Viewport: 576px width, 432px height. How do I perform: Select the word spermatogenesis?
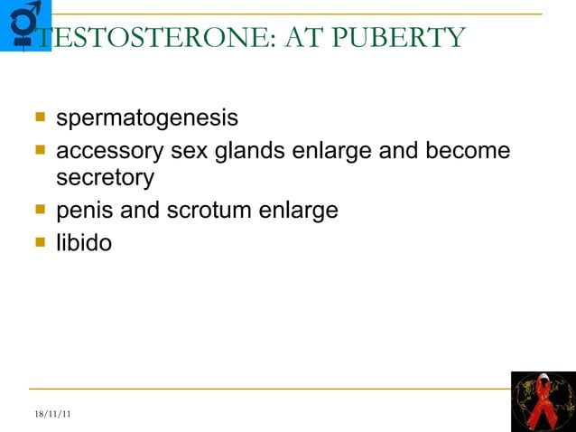[x=147, y=118]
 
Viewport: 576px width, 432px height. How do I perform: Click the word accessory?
[x=110, y=150]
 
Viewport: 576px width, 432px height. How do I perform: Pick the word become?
[x=466, y=150]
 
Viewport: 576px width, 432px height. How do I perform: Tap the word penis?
[x=84, y=211]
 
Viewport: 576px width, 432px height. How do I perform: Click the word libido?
[x=84, y=242]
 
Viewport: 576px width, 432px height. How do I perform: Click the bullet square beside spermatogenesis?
[x=40, y=117]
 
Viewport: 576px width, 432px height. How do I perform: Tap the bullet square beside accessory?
[x=40, y=149]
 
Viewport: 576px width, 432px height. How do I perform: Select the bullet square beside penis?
[x=40, y=210]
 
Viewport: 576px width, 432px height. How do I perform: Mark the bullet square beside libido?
[x=40, y=241]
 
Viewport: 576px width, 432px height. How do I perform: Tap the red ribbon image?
[x=543, y=400]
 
